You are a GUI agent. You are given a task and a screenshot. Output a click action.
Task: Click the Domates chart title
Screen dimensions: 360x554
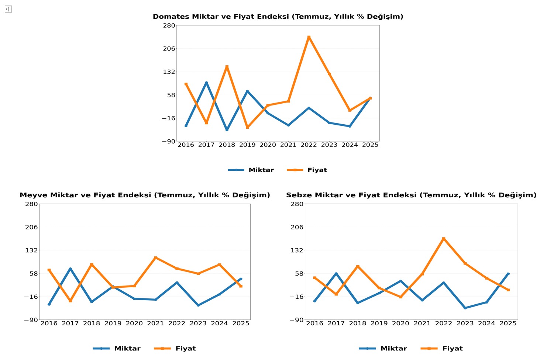(x=278, y=17)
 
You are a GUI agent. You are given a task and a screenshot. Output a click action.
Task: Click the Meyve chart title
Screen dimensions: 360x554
(x=145, y=195)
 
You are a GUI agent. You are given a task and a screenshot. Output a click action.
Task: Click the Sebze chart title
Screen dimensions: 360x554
(x=411, y=195)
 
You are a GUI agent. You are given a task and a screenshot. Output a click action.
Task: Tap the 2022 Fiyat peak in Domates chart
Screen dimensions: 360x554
(x=309, y=37)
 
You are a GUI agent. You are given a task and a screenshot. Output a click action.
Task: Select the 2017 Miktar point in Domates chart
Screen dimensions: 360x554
(x=206, y=83)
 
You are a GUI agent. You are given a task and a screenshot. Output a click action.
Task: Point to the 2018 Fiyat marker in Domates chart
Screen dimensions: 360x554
(x=227, y=67)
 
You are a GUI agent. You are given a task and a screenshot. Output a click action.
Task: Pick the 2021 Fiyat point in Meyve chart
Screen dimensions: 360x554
(x=155, y=257)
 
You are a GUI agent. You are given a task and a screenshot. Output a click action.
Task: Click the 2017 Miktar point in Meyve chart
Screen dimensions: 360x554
(x=70, y=269)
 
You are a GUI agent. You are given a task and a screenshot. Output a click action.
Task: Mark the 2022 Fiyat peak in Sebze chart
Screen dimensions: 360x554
(x=444, y=239)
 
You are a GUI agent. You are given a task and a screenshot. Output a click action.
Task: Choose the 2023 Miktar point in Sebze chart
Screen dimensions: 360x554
(x=465, y=308)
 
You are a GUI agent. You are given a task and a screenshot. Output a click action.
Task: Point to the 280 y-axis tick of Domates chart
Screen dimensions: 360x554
(x=169, y=25)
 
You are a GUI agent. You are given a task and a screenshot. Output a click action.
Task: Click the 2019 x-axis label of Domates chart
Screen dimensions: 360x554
(x=247, y=145)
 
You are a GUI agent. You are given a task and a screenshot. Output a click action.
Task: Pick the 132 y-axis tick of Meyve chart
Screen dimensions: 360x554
(x=31, y=250)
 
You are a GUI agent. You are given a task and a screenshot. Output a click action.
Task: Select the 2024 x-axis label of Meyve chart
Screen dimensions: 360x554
(x=219, y=323)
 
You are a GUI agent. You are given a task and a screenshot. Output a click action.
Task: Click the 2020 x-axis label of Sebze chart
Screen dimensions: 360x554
(x=400, y=323)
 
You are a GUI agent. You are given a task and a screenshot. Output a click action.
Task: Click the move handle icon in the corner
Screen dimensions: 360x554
(x=8, y=9)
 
